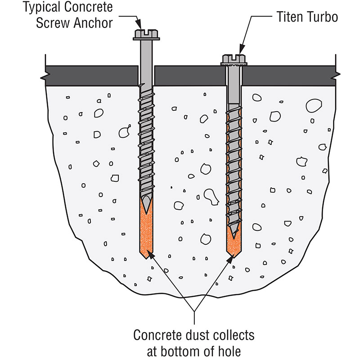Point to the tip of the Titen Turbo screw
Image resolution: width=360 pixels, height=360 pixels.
click(x=233, y=237)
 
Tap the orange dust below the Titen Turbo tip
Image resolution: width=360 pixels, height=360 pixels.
click(x=233, y=247)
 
